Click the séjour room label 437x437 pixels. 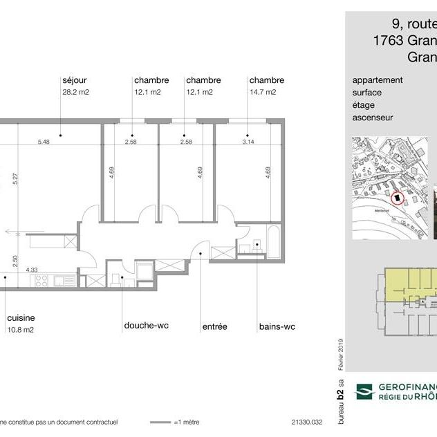[x=74, y=80]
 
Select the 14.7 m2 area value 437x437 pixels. [x=263, y=92]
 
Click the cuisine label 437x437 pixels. [x=21, y=317]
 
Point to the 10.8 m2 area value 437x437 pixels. [x=21, y=329]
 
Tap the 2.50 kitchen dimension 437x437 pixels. [x=15, y=261]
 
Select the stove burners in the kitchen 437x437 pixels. [x=40, y=281]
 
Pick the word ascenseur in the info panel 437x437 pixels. [x=373, y=118]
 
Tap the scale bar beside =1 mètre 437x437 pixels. [x=160, y=421]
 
